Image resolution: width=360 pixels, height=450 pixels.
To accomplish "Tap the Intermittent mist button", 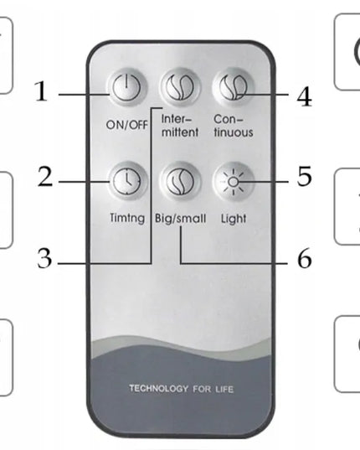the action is (x=180, y=87).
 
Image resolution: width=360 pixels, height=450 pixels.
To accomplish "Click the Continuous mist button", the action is (x=234, y=87).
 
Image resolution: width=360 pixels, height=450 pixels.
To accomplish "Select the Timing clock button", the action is (x=126, y=182).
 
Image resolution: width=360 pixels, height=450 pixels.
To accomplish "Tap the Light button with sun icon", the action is (x=234, y=182).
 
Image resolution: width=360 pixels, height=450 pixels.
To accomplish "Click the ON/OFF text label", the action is (x=127, y=125).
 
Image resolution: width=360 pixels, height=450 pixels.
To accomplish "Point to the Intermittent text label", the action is (x=180, y=126).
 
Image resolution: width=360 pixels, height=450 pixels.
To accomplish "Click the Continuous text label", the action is (x=234, y=126).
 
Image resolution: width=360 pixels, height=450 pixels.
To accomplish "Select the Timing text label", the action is (x=127, y=218).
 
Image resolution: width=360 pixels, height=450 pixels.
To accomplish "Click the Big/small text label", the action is (x=180, y=219).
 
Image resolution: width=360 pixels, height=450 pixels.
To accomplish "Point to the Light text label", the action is (x=234, y=219).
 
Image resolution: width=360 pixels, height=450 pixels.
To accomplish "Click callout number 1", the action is (x=41, y=91).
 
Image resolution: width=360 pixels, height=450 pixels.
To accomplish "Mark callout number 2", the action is (x=45, y=177).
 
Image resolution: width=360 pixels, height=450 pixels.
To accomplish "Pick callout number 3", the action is (x=44, y=259).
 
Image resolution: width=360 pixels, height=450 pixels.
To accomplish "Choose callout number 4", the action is (x=304, y=96).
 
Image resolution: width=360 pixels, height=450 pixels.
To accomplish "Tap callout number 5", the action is (x=305, y=176).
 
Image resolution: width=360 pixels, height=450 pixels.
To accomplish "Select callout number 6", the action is (x=305, y=259).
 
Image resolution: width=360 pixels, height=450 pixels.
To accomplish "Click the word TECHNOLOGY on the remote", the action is (x=158, y=389).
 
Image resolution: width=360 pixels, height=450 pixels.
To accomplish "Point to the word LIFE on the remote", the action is (x=224, y=390).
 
